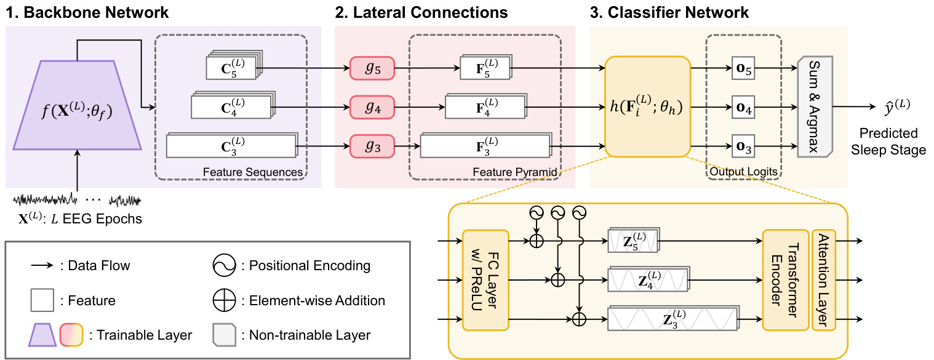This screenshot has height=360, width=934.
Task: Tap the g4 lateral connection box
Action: [371, 106]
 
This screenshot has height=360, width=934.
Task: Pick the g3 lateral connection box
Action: [371, 146]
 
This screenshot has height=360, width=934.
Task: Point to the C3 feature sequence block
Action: [231, 146]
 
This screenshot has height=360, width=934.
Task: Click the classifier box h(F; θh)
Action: [648, 106]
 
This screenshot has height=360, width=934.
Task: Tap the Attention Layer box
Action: [823, 280]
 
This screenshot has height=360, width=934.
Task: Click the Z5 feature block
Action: [633, 241]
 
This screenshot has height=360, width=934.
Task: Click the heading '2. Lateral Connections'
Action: [421, 12]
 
